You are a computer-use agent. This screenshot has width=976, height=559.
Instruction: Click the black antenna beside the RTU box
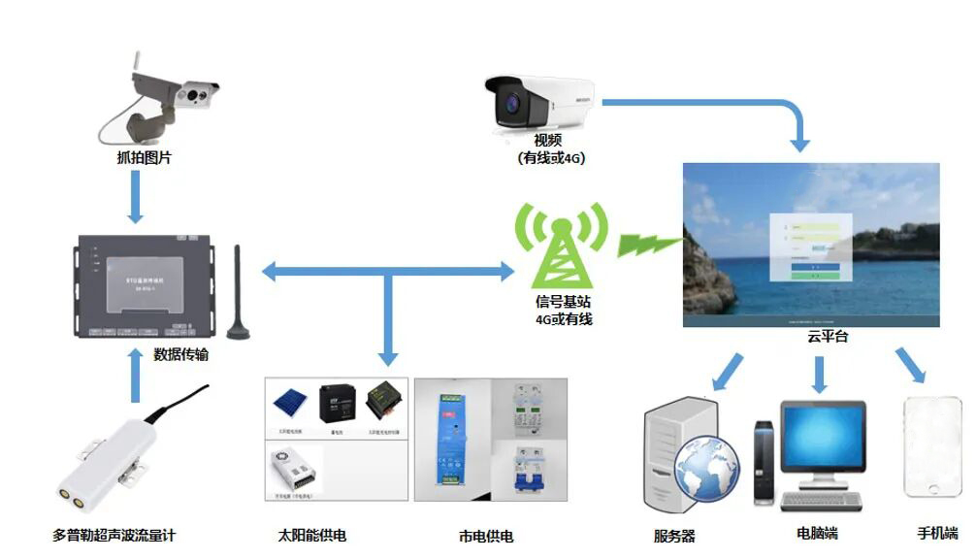pyautogui.click(x=238, y=291)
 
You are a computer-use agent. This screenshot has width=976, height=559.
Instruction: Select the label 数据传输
pyautogui.click(x=181, y=355)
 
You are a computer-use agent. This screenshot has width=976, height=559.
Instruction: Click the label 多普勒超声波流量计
pyautogui.click(x=114, y=535)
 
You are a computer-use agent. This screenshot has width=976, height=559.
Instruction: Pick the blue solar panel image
pyautogui.click(x=289, y=401)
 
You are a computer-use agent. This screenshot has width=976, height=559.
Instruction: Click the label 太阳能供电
pyautogui.click(x=311, y=535)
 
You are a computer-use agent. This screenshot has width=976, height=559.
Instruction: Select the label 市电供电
pyautogui.click(x=486, y=536)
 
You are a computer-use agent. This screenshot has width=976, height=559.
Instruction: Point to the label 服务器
pyautogui.click(x=674, y=536)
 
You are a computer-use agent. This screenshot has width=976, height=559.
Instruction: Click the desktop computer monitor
pyautogui.click(x=824, y=438)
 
